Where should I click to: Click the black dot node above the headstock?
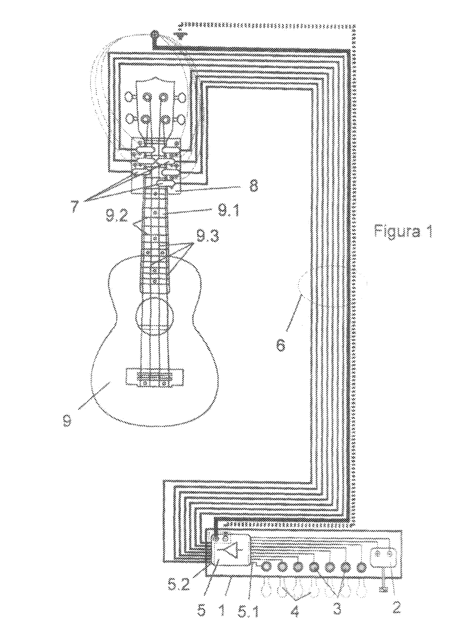click(154, 35)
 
